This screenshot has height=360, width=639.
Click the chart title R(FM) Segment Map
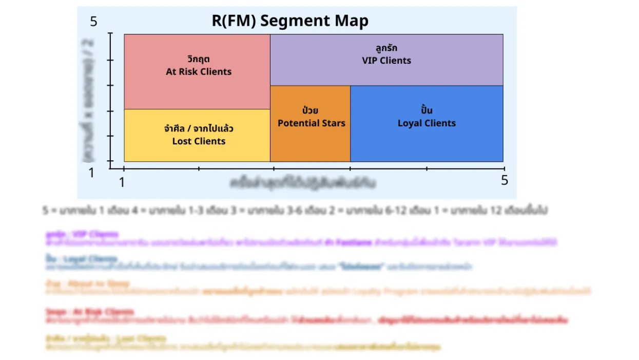coord(290,21)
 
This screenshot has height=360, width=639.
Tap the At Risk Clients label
coord(199,72)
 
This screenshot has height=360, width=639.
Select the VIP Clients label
coord(386,61)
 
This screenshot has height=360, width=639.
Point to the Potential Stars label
coord(311,123)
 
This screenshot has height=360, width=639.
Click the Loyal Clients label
coord(427,123)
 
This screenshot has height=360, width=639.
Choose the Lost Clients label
coord(199,141)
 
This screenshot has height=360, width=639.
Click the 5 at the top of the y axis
coord(93,22)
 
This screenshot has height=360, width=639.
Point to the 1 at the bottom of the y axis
coord(91,173)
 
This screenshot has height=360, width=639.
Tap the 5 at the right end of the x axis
coord(505,180)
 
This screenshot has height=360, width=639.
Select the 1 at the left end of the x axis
coord(122,182)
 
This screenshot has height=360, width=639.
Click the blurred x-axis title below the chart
coord(303,182)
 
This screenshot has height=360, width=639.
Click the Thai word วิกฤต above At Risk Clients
coord(199,59)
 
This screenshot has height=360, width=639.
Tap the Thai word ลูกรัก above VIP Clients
coord(386,48)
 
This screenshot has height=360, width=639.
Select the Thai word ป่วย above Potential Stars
coord(311,110)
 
